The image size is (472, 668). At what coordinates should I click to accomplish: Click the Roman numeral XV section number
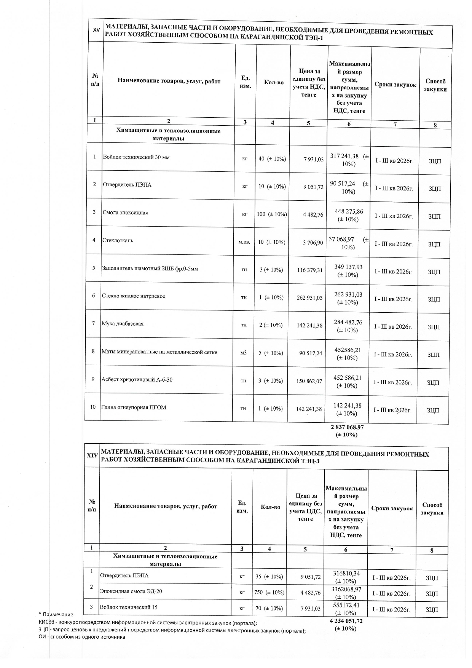pyautogui.click(x=96, y=30)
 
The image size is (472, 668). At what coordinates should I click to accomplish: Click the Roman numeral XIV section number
pyautogui.click(x=92, y=455)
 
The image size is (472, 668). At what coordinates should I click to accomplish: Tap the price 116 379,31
pyautogui.click(x=310, y=270)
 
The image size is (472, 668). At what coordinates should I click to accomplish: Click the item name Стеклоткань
pyautogui.click(x=118, y=240)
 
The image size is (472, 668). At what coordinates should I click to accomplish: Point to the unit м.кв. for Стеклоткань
pyautogui.click(x=244, y=242)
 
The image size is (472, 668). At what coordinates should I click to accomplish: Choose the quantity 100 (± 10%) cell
pyautogui.click(x=272, y=214)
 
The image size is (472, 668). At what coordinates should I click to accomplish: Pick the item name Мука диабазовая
pyautogui.click(x=123, y=324)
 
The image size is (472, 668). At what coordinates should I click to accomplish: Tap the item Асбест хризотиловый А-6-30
pyautogui.click(x=137, y=379)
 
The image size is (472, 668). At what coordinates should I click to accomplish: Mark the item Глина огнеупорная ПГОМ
pyautogui.click(x=134, y=407)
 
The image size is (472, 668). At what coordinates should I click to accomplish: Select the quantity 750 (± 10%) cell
pyautogui.click(x=269, y=593)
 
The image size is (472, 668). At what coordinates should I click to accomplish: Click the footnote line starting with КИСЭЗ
pyautogui.click(x=148, y=623)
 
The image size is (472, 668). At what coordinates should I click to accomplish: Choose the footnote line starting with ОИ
pyautogui.click(x=82, y=637)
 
